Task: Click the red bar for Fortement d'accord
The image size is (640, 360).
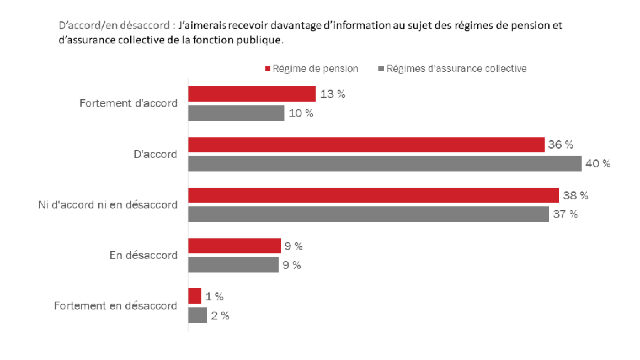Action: coord(252,94)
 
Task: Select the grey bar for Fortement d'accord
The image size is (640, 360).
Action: coord(236,112)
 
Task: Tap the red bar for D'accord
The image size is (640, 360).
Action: coord(366,144)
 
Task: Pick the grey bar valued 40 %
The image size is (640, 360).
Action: coord(385,164)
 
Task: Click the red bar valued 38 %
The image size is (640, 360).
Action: coord(373,195)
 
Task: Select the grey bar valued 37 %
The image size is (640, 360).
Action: coord(368,214)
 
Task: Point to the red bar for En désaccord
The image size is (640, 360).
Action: coord(235,246)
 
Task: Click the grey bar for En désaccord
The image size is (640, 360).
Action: coord(233,265)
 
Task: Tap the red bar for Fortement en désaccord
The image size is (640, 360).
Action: coord(195,297)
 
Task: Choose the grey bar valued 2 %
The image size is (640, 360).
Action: coord(198,315)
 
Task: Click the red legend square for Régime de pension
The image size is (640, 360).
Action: coord(267,69)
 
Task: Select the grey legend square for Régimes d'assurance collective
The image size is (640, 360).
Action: coord(381,69)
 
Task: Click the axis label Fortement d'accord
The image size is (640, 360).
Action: coord(128,103)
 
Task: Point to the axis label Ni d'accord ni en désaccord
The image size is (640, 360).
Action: coord(107,205)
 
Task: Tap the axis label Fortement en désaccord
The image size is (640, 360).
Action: coord(115,306)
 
